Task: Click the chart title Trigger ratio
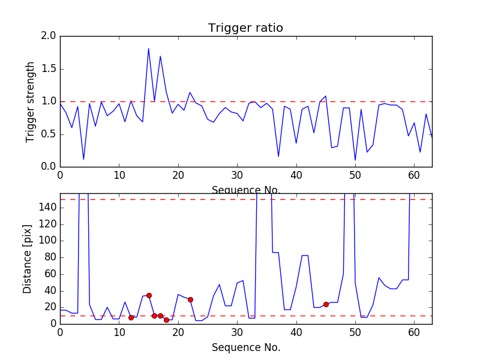(x=245, y=28)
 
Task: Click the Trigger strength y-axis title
(x=31, y=101)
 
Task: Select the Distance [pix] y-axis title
(x=28, y=259)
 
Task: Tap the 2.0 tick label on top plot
(x=49, y=36)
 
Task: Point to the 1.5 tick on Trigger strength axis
(x=49, y=69)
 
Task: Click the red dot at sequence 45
(x=326, y=304)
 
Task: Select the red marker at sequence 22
(x=190, y=299)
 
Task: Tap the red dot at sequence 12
(x=131, y=317)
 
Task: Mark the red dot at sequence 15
(x=149, y=295)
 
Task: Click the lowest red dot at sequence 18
(x=166, y=320)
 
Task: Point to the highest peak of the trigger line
(x=149, y=49)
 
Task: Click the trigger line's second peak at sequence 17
(x=160, y=56)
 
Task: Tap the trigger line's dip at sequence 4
(x=83, y=159)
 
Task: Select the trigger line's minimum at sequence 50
(x=355, y=160)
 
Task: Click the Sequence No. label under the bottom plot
(x=245, y=347)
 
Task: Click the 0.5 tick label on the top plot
(x=49, y=134)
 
